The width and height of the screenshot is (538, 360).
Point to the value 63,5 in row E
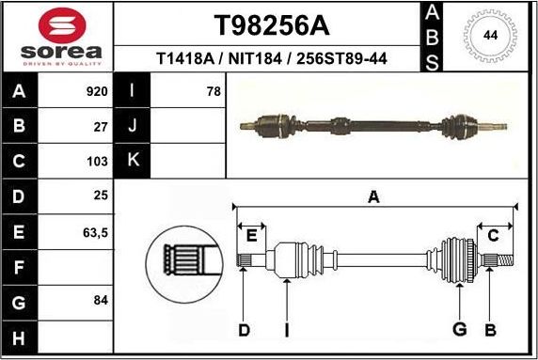point(96,231)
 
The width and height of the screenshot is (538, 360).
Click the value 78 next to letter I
point(214,92)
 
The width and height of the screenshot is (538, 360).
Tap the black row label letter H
point(20,337)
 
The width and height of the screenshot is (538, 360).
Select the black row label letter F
point(20,266)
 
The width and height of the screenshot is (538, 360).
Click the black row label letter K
point(133,161)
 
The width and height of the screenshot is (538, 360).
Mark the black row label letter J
point(133,126)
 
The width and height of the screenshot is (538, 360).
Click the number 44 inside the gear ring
point(490,36)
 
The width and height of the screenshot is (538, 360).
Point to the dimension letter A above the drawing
point(373,196)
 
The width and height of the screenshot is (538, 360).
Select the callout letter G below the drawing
point(459,329)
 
